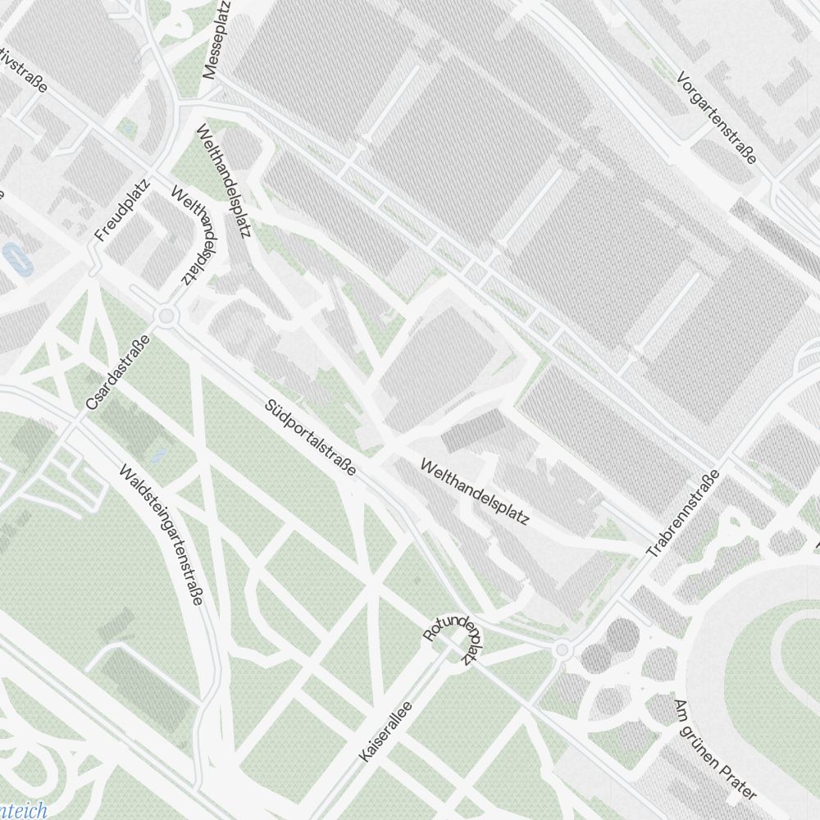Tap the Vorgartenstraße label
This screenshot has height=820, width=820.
717,117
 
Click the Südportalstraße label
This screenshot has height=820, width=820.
311,438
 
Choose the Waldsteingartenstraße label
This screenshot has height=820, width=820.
161,535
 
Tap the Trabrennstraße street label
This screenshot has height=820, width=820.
683,514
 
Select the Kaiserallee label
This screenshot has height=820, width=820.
385,731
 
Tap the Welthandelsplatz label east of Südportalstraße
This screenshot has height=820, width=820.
475,492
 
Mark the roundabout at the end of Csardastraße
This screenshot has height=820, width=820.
167,316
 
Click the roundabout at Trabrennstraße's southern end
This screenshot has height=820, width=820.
562,650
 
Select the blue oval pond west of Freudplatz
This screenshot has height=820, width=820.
15,257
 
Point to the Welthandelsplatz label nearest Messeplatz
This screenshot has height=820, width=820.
222,180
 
